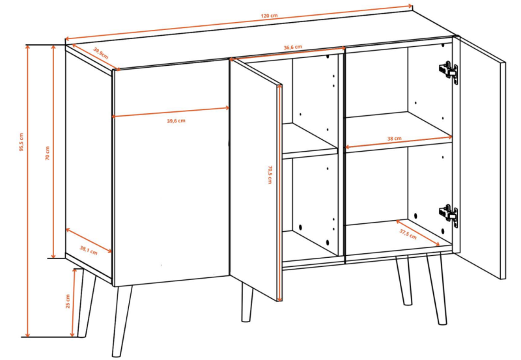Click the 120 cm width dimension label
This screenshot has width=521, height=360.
pyautogui.click(x=269, y=16)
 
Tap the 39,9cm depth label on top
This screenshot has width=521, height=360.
pyautogui.click(x=101, y=53)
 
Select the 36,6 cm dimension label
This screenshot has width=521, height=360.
pyautogui.click(x=292, y=47)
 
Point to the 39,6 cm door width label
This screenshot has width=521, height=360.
pyautogui.click(x=176, y=121)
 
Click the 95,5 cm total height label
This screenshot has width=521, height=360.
pyautogui.click(x=21, y=142)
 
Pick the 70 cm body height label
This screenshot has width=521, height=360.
pyautogui.click(x=47, y=153)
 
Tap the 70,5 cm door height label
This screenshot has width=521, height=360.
pyautogui.click(x=270, y=174)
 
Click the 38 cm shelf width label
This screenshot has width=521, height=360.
pyautogui.click(x=394, y=139)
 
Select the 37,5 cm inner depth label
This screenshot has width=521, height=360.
pyautogui.click(x=408, y=234)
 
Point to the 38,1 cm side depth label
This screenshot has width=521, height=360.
pyautogui.click(x=89, y=250)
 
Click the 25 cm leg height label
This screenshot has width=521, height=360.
pyautogui.click(x=68, y=301)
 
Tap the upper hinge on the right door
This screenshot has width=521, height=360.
pyautogui.click(x=448, y=72)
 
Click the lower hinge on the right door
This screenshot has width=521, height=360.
pyautogui.click(x=449, y=215)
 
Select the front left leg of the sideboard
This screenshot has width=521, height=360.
pyautogui.click(x=121, y=321)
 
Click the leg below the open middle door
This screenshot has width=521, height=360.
pyautogui.click(x=247, y=302)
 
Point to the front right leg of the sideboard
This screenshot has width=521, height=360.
pyautogui.click(x=435, y=289)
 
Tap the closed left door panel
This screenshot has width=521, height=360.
pyautogui.click(x=171, y=172)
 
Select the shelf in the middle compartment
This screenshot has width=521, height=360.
pyautogui.click(x=309, y=139)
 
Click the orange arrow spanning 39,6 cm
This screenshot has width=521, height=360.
pyautogui.click(x=171, y=112)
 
